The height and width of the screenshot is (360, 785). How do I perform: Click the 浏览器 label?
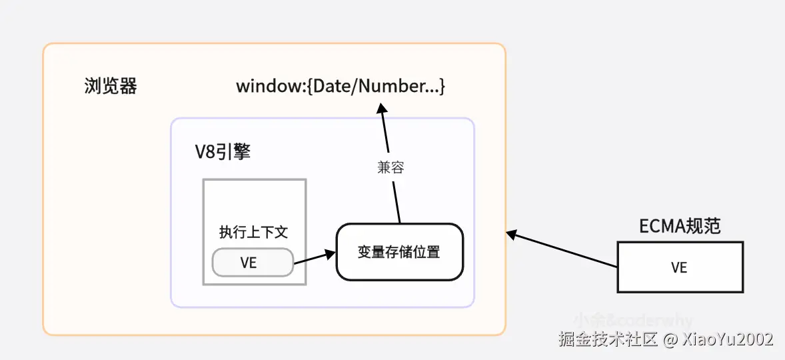(x=111, y=87)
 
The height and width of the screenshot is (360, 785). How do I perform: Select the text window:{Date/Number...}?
(x=341, y=87)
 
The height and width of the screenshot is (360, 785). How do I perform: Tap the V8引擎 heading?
(x=223, y=152)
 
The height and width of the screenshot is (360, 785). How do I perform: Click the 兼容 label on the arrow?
(x=391, y=168)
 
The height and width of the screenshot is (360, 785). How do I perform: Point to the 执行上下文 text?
(x=253, y=233)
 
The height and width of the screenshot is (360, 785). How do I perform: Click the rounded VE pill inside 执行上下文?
(x=253, y=263)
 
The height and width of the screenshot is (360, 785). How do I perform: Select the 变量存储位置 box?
(x=399, y=252)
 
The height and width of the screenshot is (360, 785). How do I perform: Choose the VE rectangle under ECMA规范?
(x=680, y=267)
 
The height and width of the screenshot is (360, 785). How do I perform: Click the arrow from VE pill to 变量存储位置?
(x=313, y=258)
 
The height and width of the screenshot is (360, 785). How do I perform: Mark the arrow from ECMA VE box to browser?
(x=563, y=250)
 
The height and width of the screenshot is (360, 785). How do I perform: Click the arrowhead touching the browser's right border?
(x=511, y=234)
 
